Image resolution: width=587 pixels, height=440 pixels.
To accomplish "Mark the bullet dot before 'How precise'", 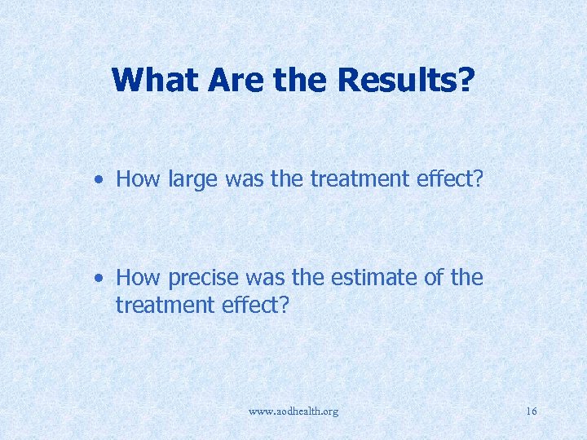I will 98,278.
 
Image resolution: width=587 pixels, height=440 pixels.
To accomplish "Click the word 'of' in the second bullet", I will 432,278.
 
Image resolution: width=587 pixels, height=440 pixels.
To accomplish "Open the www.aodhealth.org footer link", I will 293,411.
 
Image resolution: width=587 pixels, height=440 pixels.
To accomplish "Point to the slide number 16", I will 532,411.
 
